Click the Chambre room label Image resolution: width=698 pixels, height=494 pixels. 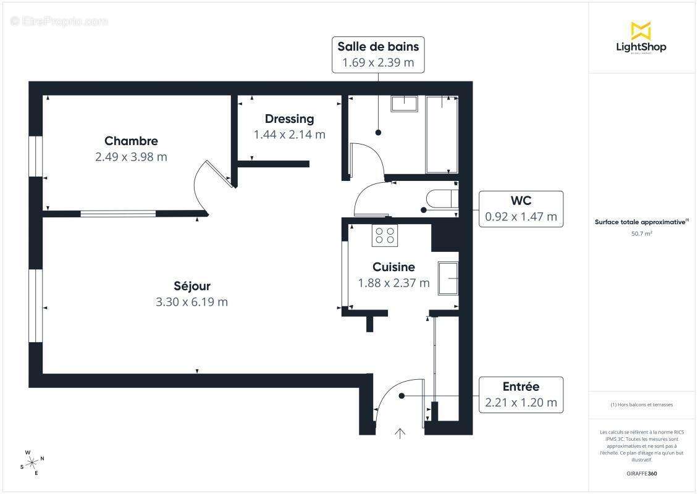(x=131, y=141)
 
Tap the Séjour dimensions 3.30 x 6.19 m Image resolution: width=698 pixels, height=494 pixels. (x=191, y=302)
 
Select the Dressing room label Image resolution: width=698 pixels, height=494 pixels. (x=289, y=119)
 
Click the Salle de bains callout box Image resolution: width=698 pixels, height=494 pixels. (x=378, y=54)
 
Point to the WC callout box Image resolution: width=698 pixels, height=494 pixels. (x=521, y=209)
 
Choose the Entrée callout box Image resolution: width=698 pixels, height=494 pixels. (x=521, y=395)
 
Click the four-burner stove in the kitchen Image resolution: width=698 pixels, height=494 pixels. (x=385, y=235)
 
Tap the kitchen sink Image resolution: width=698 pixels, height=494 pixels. (x=448, y=277)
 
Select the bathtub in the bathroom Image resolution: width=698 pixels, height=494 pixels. (x=441, y=134)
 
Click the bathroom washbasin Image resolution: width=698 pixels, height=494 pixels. (x=405, y=103)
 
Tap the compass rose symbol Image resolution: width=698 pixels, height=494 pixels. (x=32, y=463)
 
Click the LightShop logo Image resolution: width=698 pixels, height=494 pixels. (x=641, y=38)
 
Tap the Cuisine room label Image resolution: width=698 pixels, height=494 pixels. (x=393, y=267)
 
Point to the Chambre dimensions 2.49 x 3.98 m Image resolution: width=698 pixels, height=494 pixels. (x=131, y=157)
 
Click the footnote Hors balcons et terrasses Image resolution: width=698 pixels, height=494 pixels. (x=642, y=404)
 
